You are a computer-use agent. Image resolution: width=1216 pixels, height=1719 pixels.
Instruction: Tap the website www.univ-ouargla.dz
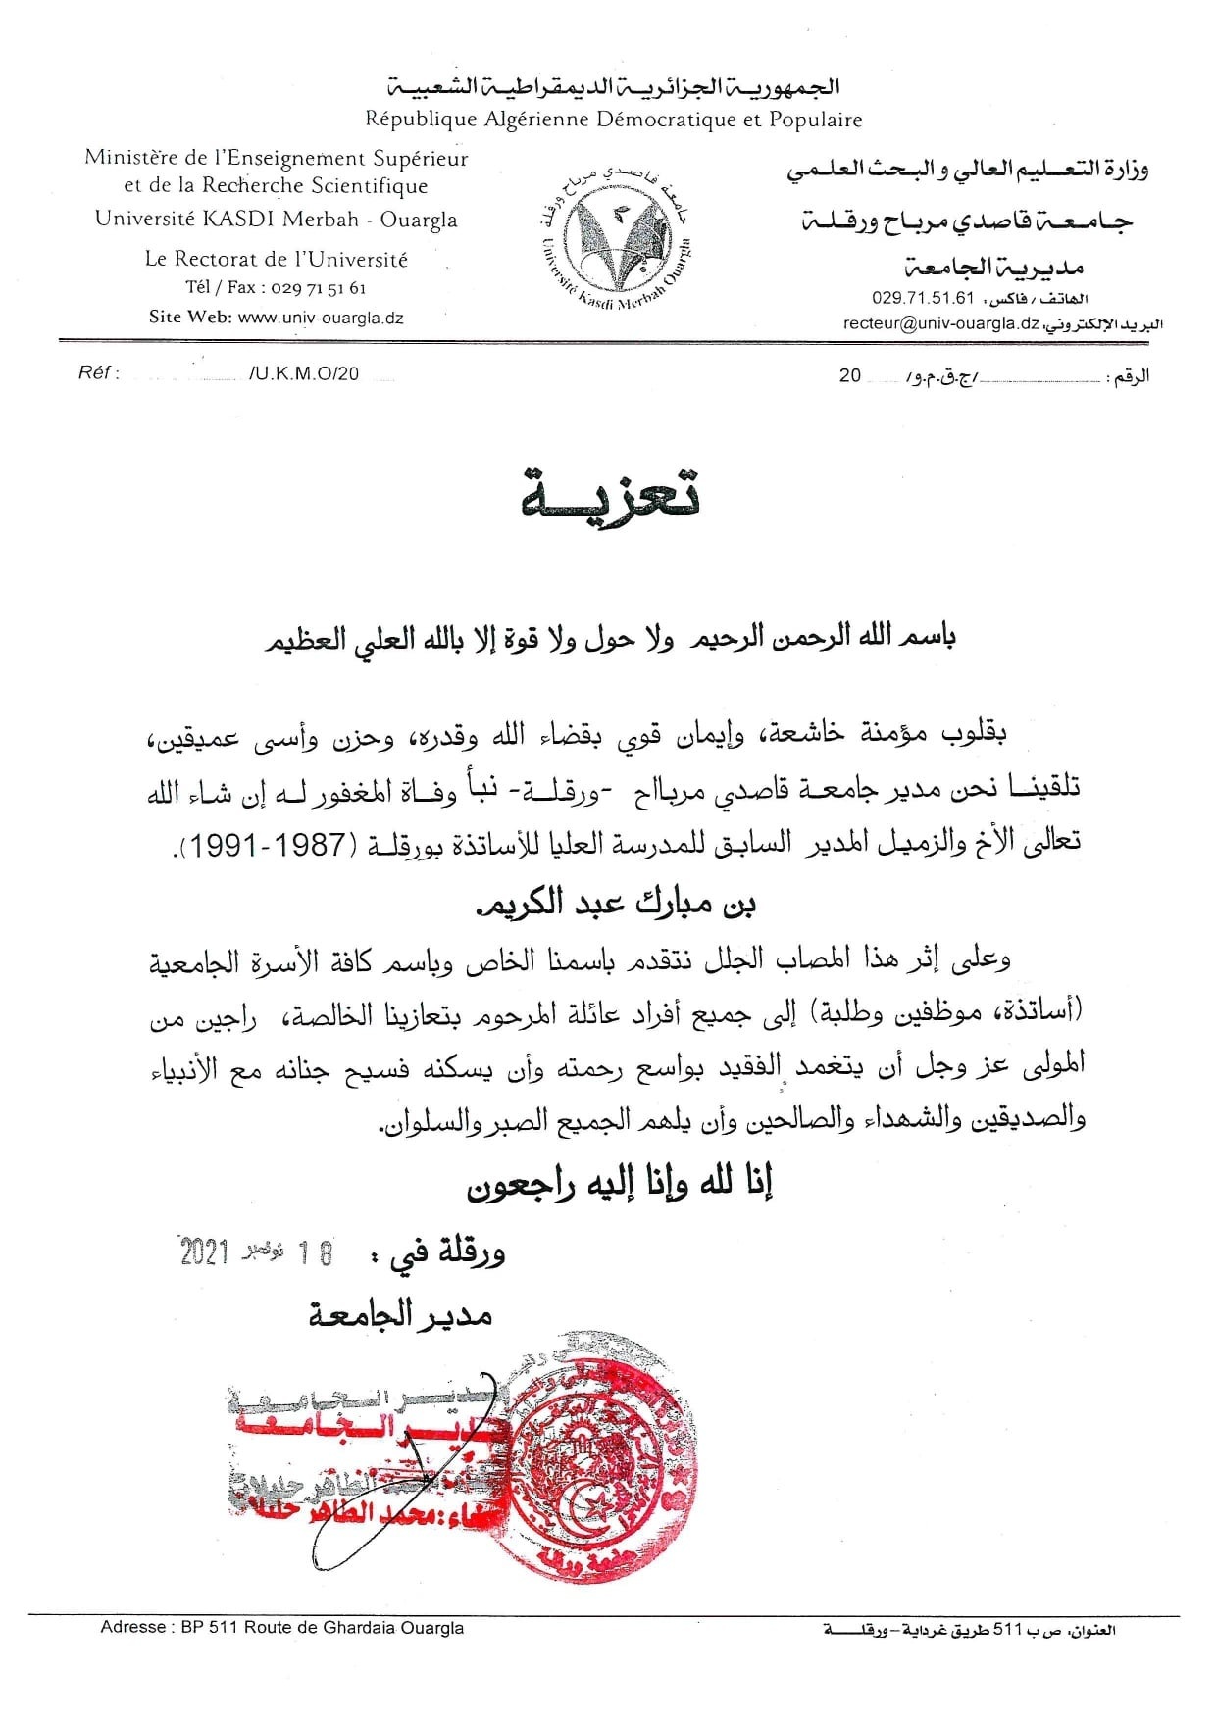[x=321, y=318]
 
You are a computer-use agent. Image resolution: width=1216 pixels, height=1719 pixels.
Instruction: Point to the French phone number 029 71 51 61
[x=317, y=288]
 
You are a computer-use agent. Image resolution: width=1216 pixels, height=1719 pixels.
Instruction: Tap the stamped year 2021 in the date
[x=205, y=1252]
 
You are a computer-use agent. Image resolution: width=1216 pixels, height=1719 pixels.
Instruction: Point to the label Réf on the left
[x=97, y=374]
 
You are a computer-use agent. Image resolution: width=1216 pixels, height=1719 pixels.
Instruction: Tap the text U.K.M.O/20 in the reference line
[x=304, y=374]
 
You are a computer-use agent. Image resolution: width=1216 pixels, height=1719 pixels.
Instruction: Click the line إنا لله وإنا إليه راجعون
[x=620, y=1185]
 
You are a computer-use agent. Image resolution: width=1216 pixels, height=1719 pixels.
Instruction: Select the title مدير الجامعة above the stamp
[x=400, y=1315]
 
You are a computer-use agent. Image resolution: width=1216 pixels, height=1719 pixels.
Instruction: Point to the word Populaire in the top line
[x=816, y=120]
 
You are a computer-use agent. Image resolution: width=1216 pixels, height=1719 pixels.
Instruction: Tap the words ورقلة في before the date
[x=448, y=1253]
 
